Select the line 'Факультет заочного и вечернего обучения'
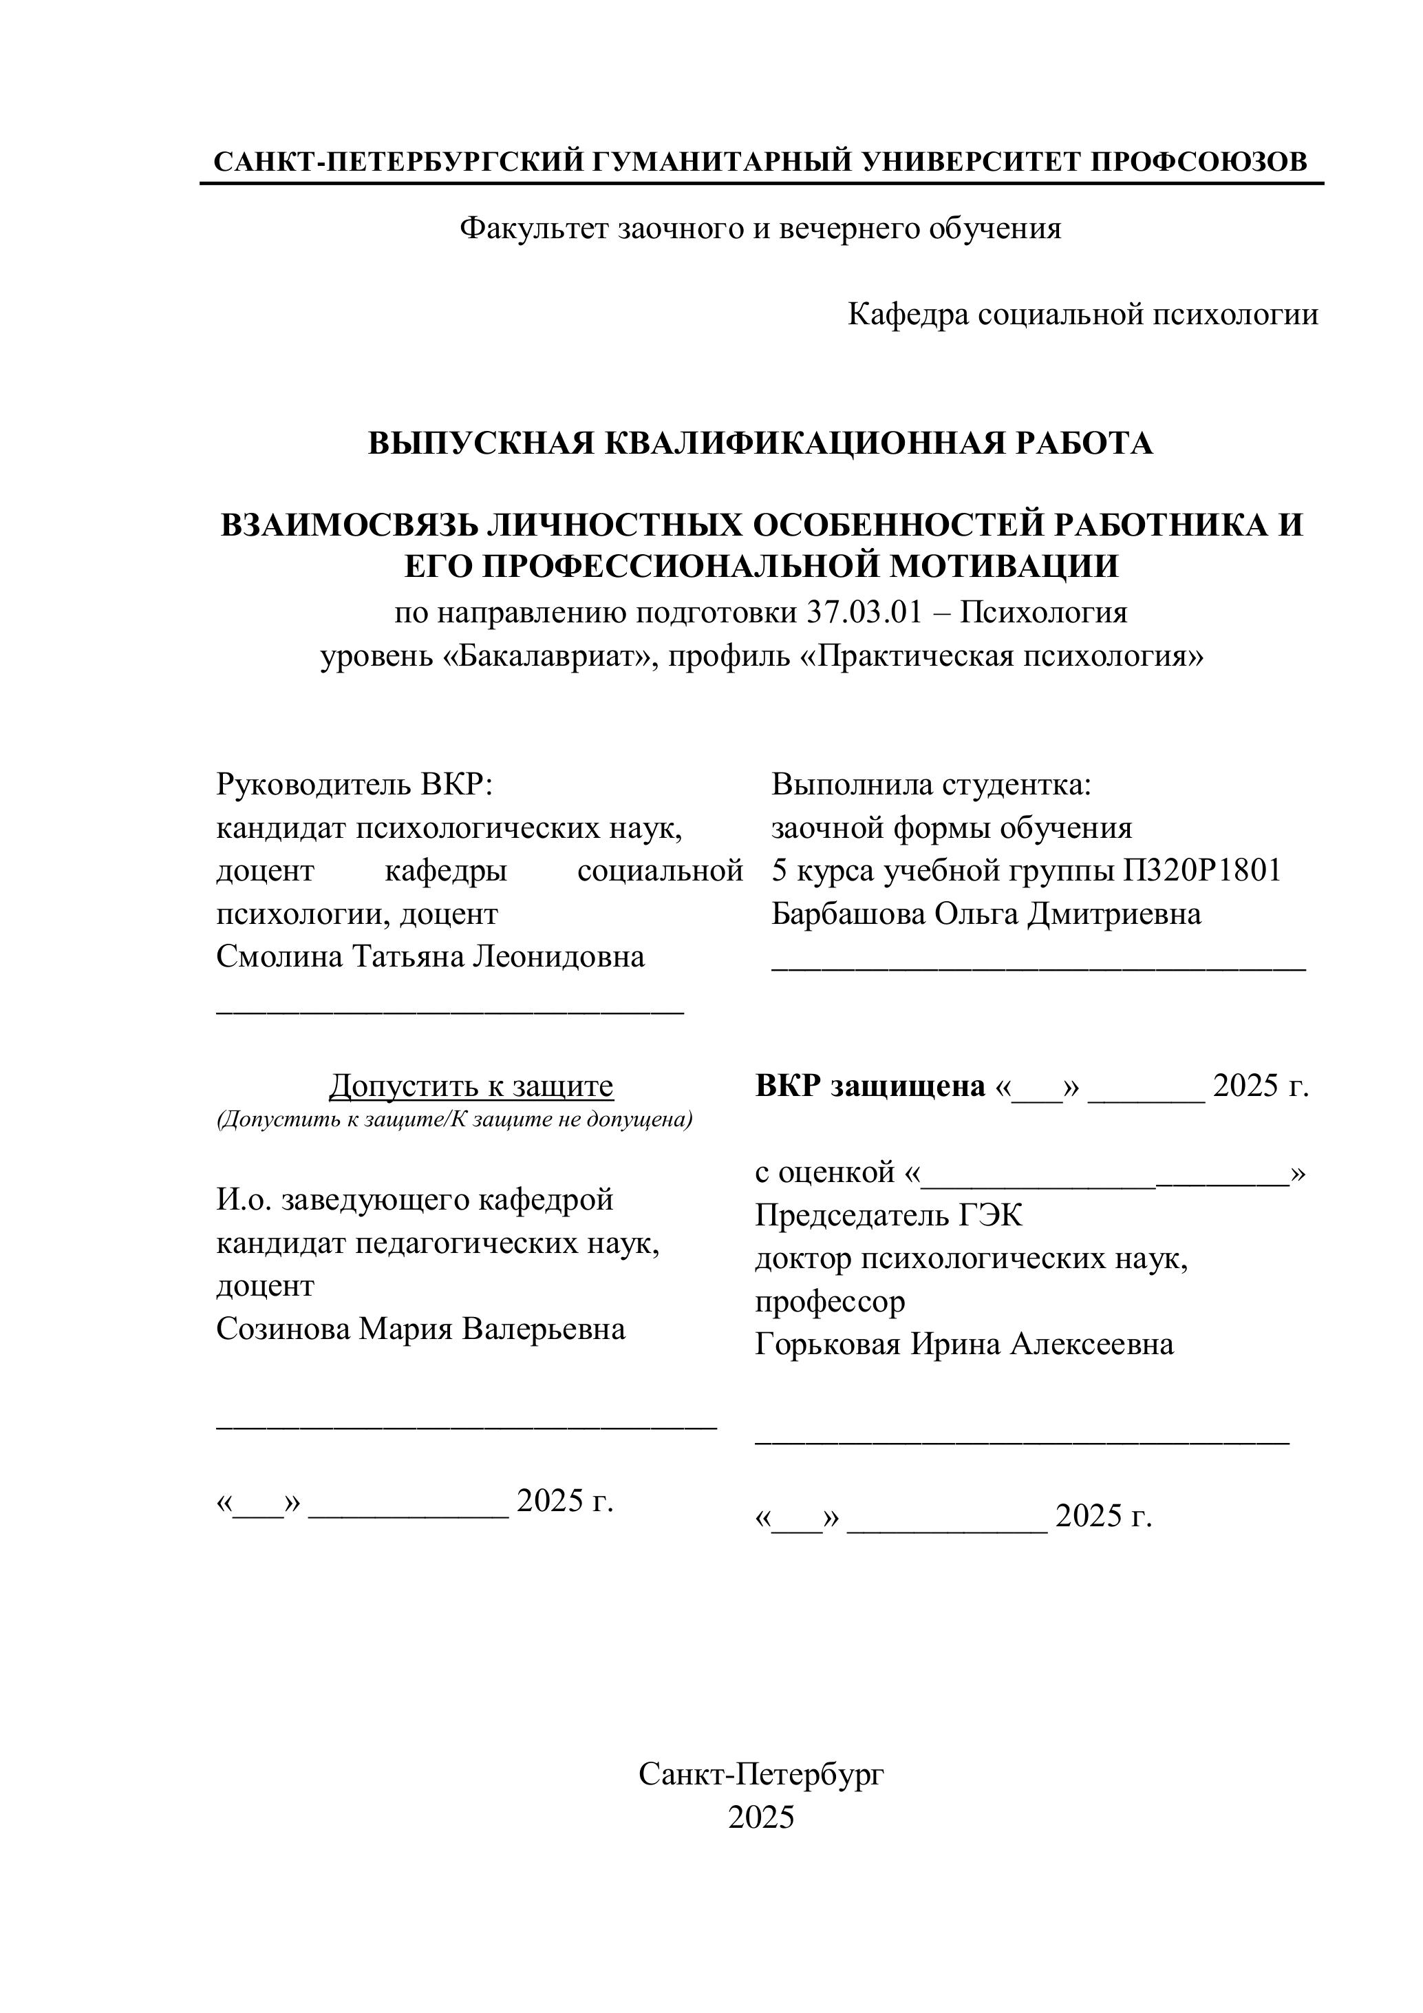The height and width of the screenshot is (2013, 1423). point(760,229)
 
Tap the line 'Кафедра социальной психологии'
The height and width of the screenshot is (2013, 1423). point(1082,314)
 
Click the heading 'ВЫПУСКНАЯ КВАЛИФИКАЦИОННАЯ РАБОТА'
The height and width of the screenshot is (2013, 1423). point(760,443)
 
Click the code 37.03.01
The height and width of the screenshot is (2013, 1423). point(864,612)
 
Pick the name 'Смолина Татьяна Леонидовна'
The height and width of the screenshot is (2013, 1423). point(430,956)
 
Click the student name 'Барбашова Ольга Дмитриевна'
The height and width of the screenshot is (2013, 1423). point(986,914)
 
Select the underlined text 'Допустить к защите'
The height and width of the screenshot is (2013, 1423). point(471,1086)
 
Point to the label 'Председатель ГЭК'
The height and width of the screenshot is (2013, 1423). point(888,1215)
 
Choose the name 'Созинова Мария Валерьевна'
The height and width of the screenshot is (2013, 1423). point(420,1329)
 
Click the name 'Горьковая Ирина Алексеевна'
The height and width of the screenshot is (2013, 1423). point(964,1344)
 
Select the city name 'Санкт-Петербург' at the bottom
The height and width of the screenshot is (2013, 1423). point(760,1775)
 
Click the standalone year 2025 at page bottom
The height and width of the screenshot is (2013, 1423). point(760,1817)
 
